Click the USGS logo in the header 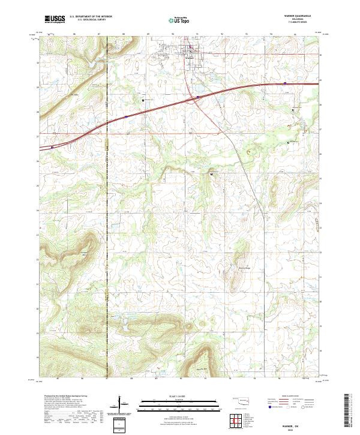point(55,19)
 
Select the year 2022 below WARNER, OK point(303,428)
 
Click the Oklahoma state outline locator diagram point(244,400)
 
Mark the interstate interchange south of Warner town point(197,98)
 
